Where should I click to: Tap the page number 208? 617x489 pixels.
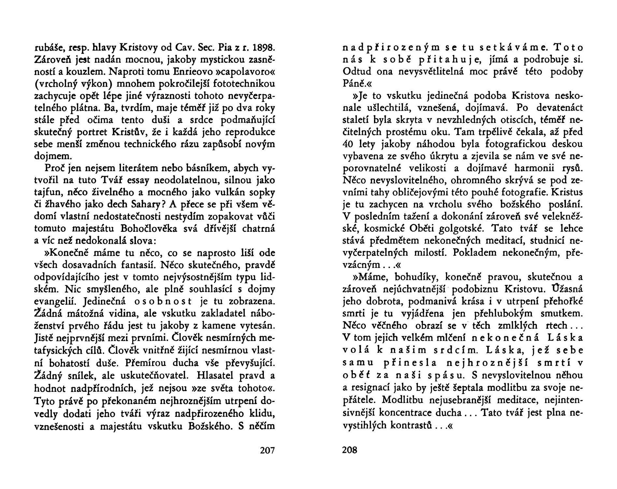(x=350, y=451)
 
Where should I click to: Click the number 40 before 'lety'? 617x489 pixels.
(x=350, y=144)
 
